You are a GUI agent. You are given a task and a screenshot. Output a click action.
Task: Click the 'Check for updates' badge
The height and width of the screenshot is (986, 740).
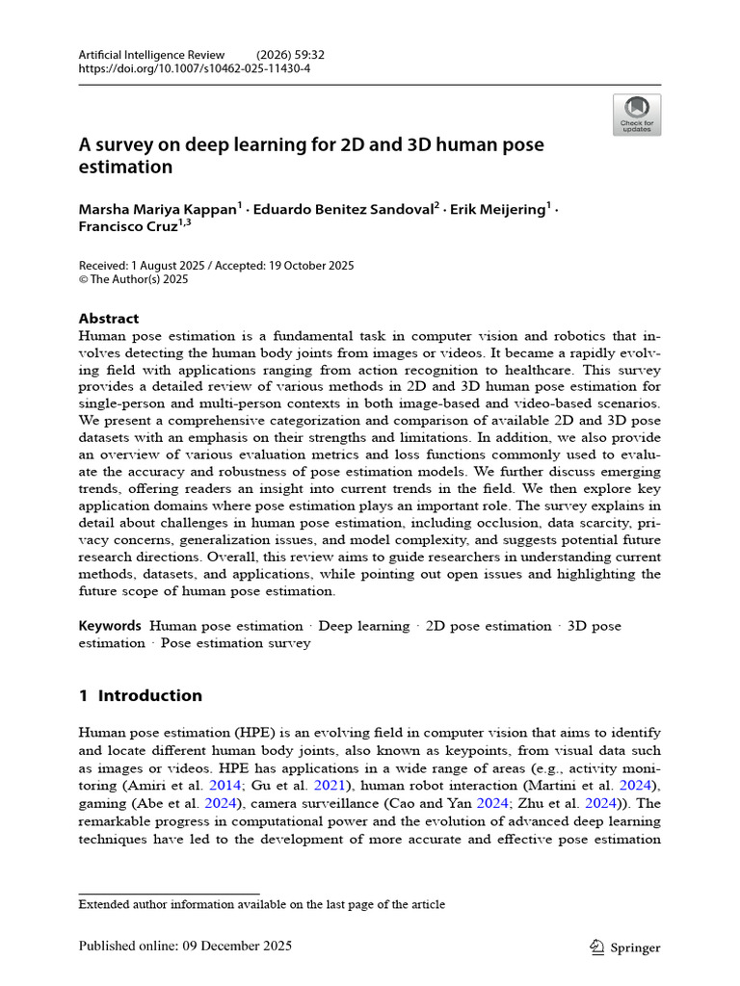click(x=636, y=115)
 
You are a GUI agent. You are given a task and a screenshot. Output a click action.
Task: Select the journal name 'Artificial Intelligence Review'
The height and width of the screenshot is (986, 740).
click(x=151, y=55)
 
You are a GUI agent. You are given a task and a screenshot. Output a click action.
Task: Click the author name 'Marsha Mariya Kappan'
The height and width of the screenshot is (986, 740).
click(x=158, y=210)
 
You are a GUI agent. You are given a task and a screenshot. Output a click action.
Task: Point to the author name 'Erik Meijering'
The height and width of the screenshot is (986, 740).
click(x=499, y=210)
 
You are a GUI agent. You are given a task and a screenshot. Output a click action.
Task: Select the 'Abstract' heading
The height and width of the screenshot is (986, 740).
click(x=108, y=318)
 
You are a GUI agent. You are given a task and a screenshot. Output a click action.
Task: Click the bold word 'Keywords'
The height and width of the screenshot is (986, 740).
click(x=110, y=626)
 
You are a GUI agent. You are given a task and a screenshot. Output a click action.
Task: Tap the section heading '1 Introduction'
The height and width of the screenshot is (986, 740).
click(x=141, y=695)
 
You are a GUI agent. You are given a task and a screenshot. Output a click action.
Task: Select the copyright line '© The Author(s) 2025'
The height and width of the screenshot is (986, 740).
click(x=133, y=279)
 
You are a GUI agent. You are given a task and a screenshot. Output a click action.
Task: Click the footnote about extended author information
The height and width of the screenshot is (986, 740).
click(x=261, y=904)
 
